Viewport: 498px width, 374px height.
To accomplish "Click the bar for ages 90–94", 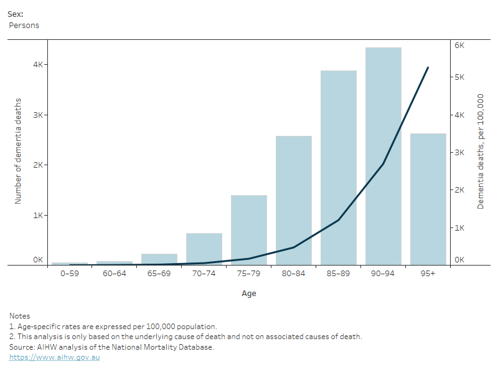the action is (383, 156).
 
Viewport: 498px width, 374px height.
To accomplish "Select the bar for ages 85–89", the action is (339, 168).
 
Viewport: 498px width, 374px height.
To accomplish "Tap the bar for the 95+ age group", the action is (428, 199).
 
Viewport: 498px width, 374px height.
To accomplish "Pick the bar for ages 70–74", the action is (204, 249).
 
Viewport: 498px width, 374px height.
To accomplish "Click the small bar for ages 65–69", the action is (159, 259).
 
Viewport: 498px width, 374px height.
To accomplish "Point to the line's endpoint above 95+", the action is (428, 67).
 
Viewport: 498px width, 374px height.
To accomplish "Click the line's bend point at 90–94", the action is (383, 164).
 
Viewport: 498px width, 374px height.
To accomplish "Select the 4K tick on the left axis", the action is (38, 65).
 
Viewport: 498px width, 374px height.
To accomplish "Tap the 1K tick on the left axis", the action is (38, 215).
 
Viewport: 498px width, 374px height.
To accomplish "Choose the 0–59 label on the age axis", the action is (70, 274).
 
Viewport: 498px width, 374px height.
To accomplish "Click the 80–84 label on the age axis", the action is (293, 274).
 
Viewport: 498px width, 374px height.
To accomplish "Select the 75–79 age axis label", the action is (248, 274).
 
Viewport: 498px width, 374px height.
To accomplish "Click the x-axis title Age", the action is (249, 293).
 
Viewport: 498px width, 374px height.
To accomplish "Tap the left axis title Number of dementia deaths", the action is (18, 151).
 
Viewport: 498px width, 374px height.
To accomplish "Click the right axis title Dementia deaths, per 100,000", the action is (481, 151).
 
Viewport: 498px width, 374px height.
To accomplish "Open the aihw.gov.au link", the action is (54, 357).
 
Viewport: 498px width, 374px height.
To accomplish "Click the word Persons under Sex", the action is (24, 26).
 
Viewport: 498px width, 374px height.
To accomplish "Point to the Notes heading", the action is (20, 316).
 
